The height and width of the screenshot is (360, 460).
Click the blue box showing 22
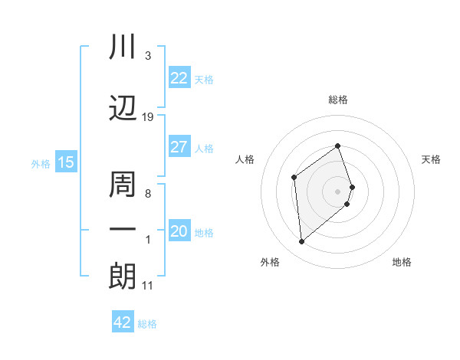(179, 78)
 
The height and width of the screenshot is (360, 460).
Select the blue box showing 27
(179, 147)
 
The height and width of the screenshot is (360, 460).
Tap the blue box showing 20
(179, 231)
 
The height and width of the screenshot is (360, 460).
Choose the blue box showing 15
(66, 162)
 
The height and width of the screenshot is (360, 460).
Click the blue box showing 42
(123, 322)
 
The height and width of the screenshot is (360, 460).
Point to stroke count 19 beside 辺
(148, 116)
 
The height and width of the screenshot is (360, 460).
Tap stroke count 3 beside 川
(147, 56)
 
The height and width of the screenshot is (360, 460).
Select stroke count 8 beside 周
(147, 194)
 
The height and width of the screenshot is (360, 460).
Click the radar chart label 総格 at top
(338, 100)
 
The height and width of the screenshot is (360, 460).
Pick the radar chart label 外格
(270, 262)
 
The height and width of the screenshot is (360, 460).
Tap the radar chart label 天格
(432, 159)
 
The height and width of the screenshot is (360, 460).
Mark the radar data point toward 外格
(301, 242)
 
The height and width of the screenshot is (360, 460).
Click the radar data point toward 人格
(294, 178)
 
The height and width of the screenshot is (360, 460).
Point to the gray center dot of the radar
(338, 191)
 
